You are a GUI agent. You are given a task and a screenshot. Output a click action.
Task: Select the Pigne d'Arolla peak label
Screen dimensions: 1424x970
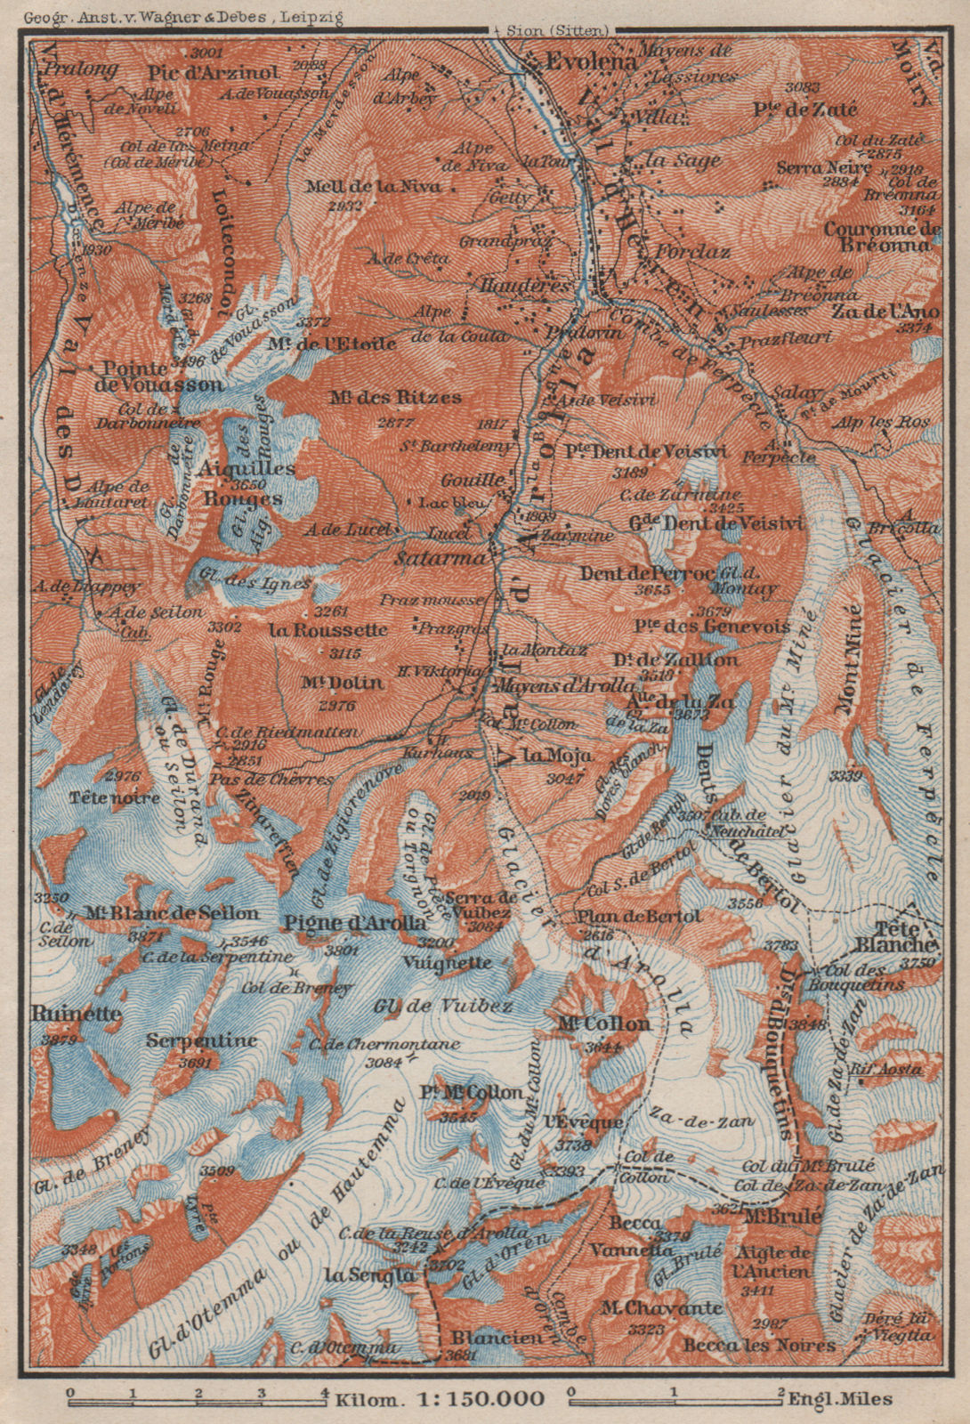pyautogui.click(x=354, y=923)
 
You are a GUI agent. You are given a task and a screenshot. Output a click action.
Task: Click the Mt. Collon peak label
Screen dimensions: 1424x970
pyautogui.click(x=604, y=1024)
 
